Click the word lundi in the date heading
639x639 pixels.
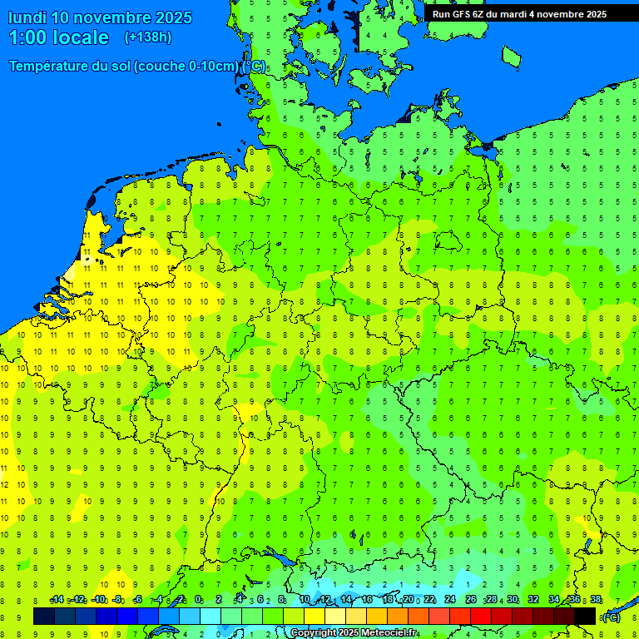point(27,17)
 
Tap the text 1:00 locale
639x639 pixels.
point(59,37)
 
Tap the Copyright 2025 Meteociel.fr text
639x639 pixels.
point(354,633)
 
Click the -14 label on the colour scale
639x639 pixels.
point(57,600)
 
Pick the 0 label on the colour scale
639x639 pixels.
point(198,600)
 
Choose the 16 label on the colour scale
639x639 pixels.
point(367,600)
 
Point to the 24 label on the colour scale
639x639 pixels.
point(450,600)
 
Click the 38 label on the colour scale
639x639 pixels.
point(596,600)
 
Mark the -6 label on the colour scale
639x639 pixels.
point(138,600)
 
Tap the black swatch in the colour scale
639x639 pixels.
point(585,617)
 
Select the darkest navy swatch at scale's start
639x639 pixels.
point(44,617)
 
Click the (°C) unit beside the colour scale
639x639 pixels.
point(612,617)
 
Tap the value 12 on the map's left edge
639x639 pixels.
point(4,484)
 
